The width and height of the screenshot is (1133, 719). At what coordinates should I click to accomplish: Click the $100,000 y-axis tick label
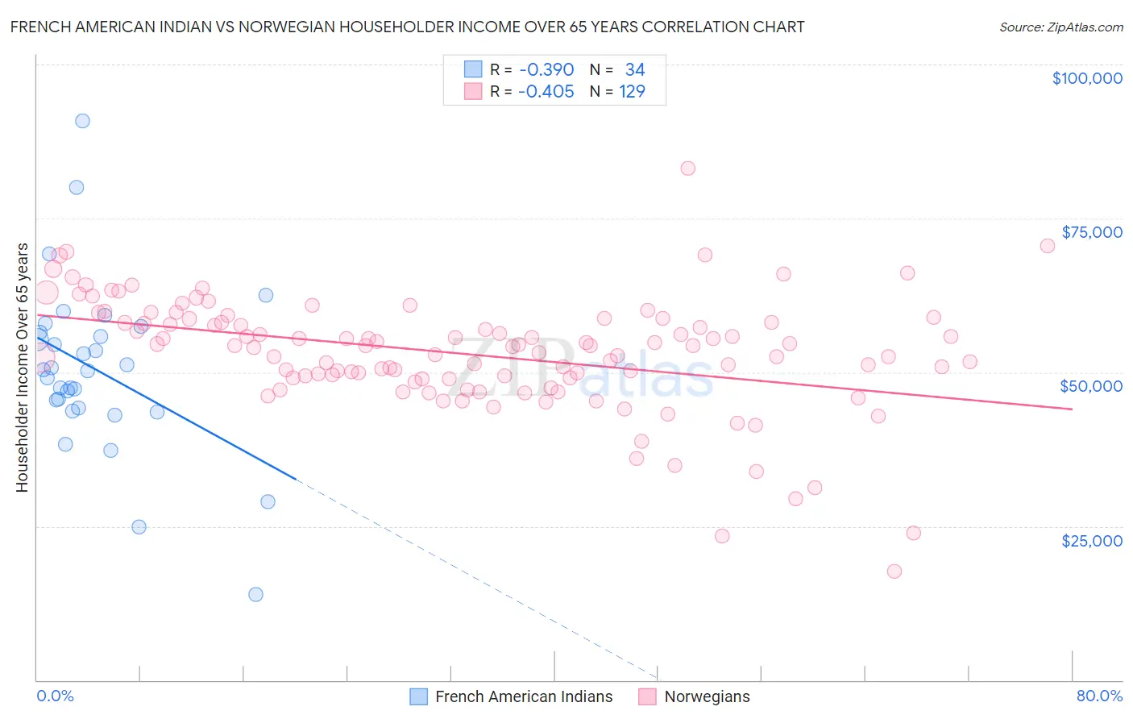[1086, 78]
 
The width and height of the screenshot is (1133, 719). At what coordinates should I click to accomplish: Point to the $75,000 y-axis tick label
[1091, 232]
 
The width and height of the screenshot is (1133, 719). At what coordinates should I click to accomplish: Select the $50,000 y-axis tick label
[1090, 386]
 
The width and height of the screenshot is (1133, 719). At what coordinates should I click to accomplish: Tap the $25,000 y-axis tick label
[1091, 540]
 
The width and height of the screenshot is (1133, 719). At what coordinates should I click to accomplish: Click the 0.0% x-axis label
[55, 696]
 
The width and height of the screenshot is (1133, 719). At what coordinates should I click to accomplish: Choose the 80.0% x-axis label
[1099, 696]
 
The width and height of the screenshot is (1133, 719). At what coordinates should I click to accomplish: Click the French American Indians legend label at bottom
[524, 696]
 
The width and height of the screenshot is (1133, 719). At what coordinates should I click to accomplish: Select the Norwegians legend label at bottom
[707, 696]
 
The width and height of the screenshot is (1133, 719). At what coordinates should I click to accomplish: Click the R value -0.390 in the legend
[546, 70]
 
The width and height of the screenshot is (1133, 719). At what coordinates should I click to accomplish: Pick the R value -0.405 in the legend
[546, 92]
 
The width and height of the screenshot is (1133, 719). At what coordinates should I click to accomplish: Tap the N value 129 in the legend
[632, 92]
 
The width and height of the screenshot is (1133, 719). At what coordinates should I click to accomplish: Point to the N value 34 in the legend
[634, 70]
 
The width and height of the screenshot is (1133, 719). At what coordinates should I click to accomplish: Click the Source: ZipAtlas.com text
[1060, 27]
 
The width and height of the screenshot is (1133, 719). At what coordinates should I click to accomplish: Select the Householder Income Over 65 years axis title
[23, 368]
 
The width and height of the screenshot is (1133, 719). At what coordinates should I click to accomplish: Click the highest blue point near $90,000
[82, 121]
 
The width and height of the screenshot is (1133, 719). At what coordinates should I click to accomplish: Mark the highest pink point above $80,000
[687, 168]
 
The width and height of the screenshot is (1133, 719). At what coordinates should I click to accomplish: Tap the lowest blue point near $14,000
[255, 594]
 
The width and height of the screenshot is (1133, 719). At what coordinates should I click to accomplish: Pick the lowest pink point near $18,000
[894, 571]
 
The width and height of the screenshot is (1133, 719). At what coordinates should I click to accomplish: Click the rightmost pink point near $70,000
[1047, 246]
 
